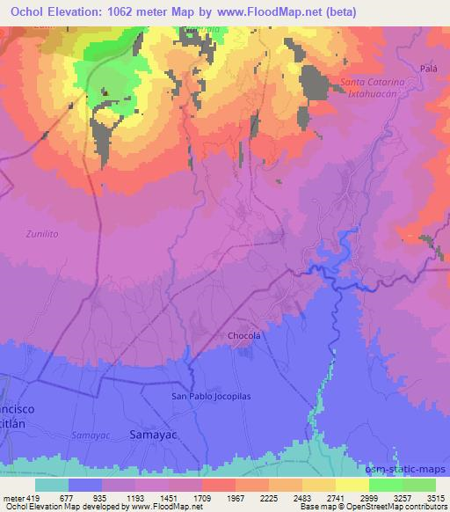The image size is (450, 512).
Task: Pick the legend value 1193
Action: point(136,497)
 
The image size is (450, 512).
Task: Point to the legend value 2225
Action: point(269,497)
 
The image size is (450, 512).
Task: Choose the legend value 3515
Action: point(434,497)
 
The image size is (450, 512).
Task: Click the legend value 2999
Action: point(368,497)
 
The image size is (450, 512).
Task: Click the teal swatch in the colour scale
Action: point(51,484)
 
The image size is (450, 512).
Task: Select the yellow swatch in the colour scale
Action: point(352,484)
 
